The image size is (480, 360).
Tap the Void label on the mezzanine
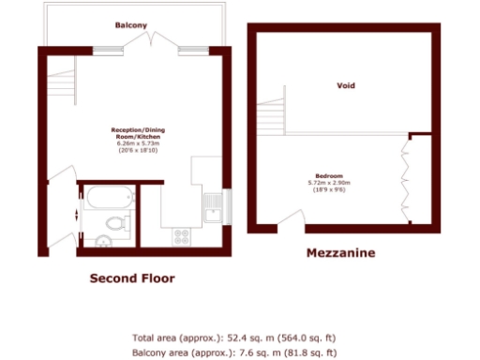pos(346,85)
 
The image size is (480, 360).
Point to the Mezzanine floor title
pos(341,253)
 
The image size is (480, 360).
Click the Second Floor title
pos(131,278)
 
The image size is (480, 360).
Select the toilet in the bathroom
pos(114,224)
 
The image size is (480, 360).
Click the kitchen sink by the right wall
pos(214,207)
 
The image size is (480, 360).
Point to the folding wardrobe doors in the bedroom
pos(406,178)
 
